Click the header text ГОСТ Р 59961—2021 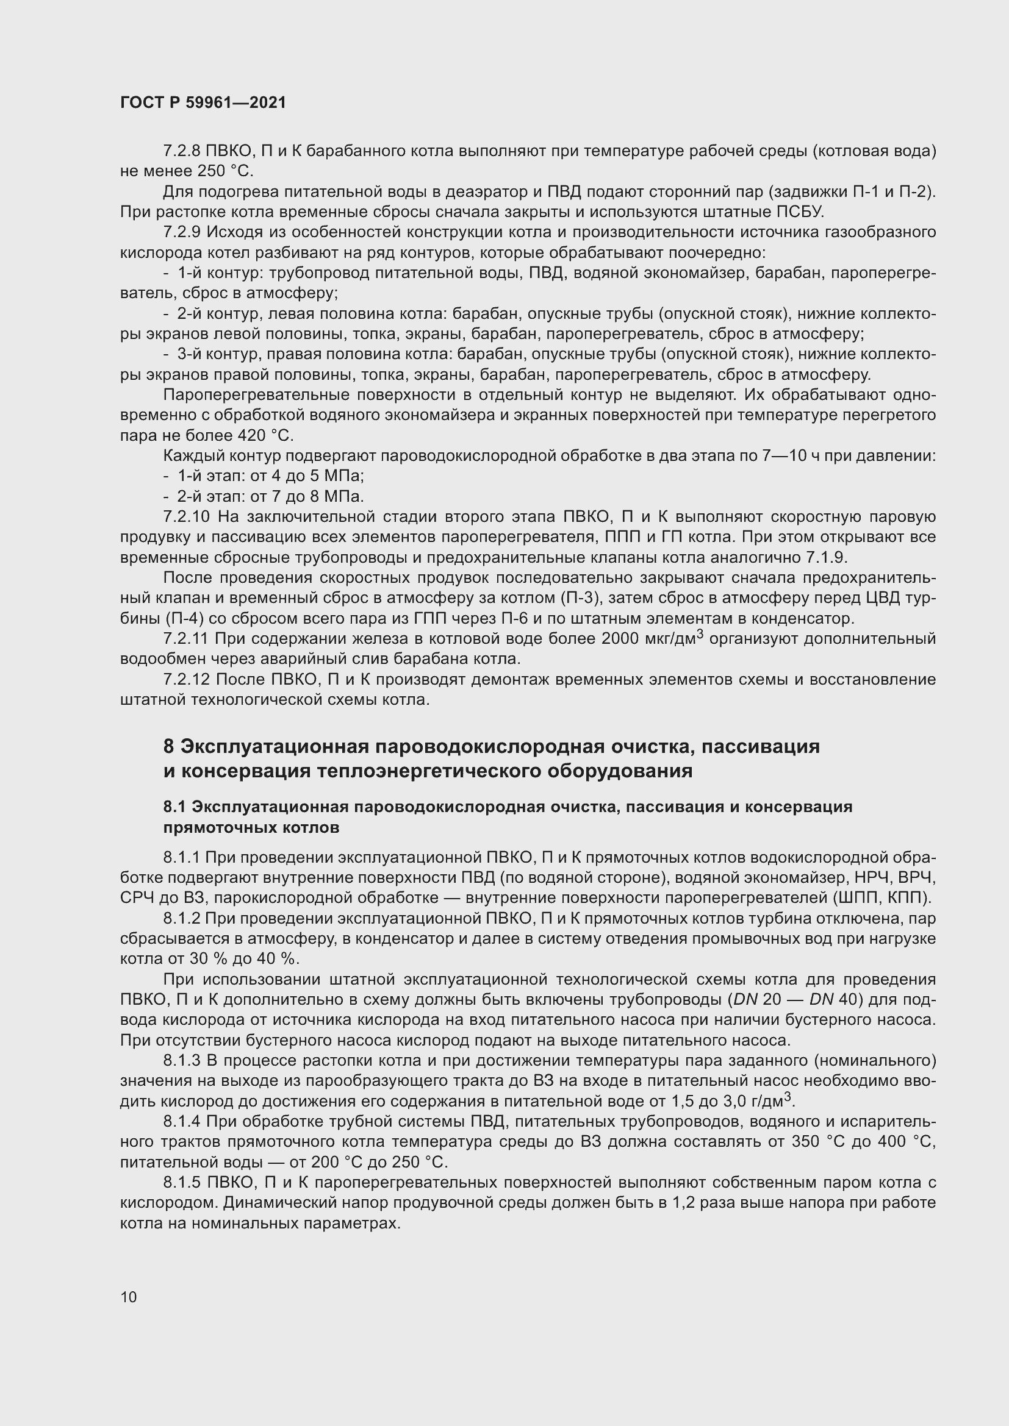pos(203,102)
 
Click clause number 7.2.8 pos(182,151)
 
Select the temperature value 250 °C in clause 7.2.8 pos(226,171)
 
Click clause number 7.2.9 pos(182,232)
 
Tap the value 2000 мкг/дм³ pos(652,638)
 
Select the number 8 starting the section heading pos(168,746)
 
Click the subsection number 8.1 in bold pos(174,807)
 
